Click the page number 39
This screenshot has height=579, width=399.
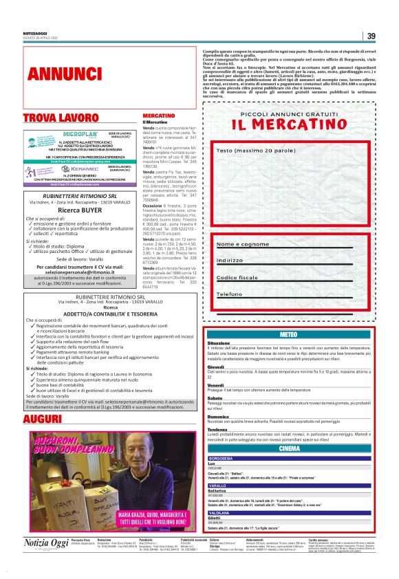click(371, 36)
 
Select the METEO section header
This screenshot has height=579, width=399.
click(290, 334)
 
